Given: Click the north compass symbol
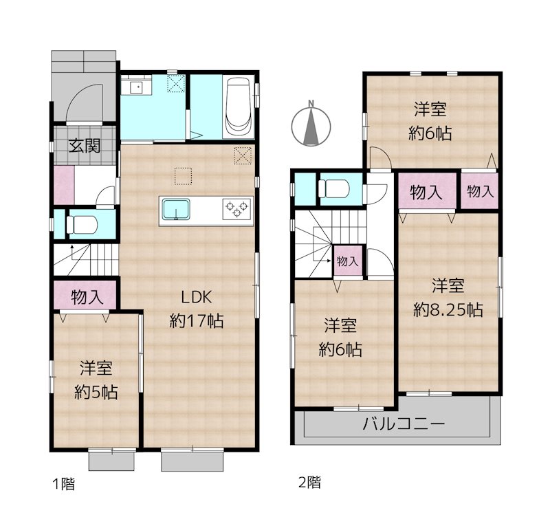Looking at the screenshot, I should point(311,124).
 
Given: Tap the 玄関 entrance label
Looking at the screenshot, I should point(85,146).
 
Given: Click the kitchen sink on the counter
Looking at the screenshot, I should point(178,208).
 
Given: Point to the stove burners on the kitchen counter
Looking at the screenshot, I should point(236,208).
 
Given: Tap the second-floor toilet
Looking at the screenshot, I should point(337,188).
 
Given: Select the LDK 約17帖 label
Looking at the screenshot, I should point(197,309).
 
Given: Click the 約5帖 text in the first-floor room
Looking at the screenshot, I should point(96,393).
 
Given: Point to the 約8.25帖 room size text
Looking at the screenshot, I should point(448,309).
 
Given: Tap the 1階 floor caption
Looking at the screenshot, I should point(63,483).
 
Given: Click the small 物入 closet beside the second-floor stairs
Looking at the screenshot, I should point(347,261).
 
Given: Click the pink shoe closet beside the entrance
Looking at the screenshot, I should point(63,184).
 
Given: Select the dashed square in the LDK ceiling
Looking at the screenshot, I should point(182,177).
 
